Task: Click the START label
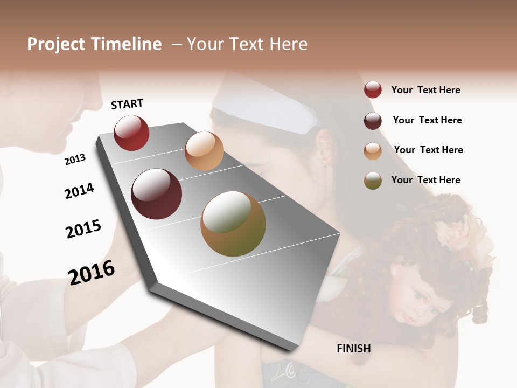pyautogui.click(x=127, y=104)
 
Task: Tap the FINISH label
pyautogui.click(x=354, y=349)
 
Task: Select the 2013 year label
pyautogui.click(x=75, y=159)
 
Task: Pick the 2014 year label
pyautogui.click(x=79, y=191)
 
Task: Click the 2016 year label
pyautogui.click(x=92, y=272)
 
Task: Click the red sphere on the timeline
pyautogui.click(x=131, y=133)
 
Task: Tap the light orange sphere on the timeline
pyautogui.click(x=204, y=150)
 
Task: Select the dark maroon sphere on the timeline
pyautogui.click(x=156, y=194)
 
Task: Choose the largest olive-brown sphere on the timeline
pyautogui.click(x=233, y=224)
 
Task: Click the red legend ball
pyautogui.click(x=373, y=90)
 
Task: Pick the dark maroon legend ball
pyautogui.click(x=373, y=121)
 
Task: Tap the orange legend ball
pyautogui.click(x=373, y=151)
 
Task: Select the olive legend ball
pyautogui.click(x=373, y=181)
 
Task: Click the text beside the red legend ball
pyautogui.click(x=425, y=90)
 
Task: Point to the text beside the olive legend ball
pyautogui.click(x=425, y=180)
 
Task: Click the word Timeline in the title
pyautogui.click(x=126, y=44)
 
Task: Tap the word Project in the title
pyautogui.click(x=56, y=45)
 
